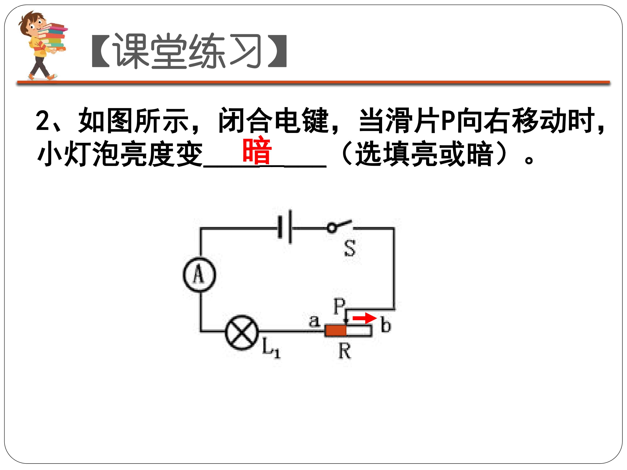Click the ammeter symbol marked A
199,275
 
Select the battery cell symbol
285,227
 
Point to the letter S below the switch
350,248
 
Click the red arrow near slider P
364,318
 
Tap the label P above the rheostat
339,306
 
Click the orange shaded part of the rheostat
336,331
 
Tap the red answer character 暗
257,150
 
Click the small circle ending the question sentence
529,160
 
